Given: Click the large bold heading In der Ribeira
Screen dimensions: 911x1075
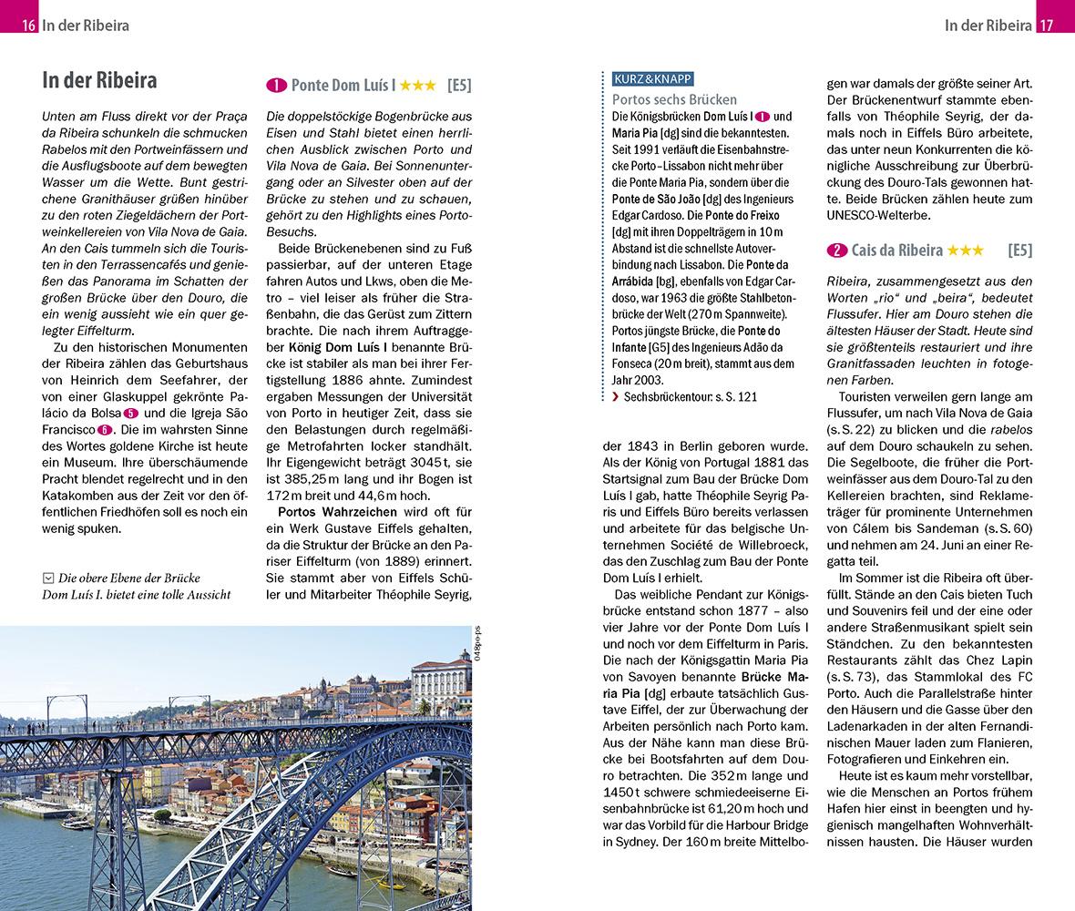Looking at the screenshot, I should [x=99, y=81].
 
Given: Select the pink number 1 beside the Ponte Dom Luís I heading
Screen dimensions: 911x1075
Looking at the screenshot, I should [x=276, y=87].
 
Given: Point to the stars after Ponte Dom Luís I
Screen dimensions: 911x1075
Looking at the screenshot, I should [x=417, y=87].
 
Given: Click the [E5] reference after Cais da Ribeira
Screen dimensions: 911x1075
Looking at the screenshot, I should [x=1020, y=250].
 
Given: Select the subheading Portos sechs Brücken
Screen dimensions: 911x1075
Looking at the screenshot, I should [x=674, y=99].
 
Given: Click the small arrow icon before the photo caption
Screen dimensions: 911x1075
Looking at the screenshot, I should [x=47, y=578].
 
